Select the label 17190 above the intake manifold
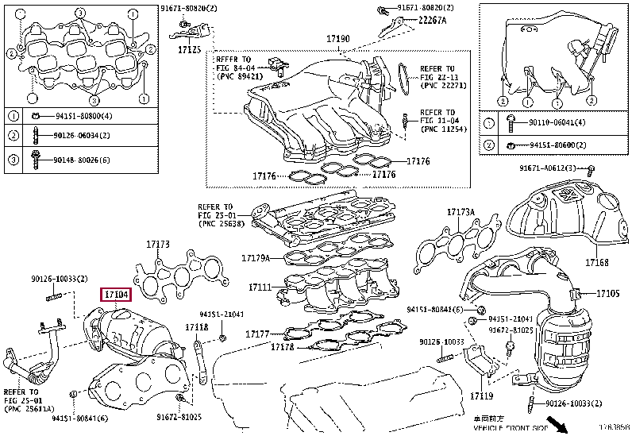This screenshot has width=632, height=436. tap(337, 39)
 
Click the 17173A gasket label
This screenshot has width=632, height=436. tap(461, 212)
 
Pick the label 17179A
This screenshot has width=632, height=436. tap(256, 257)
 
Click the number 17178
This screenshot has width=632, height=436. tap(283, 346)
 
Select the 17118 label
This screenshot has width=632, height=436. tap(197, 326)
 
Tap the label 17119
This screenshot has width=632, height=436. tap(481, 395)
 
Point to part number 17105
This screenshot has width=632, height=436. tap(607, 294)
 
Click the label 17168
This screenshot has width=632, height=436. tap(598, 263)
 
